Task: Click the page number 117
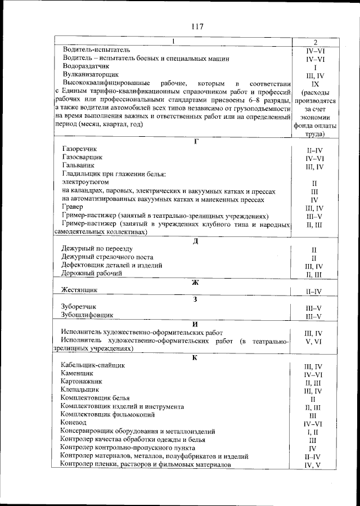point(196,26)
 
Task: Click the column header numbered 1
point(173,42)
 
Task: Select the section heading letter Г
point(196,141)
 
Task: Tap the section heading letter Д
point(196,240)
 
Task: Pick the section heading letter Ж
point(196,283)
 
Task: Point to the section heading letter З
point(195,299)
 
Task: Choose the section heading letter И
point(195,324)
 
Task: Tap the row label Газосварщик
point(83,158)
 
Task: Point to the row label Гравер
point(73,208)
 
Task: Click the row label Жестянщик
point(79,290)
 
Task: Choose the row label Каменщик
point(78,373)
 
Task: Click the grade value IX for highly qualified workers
point(315,83)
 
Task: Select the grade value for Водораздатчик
point(315,67)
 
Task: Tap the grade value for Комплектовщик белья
point(313,398)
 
